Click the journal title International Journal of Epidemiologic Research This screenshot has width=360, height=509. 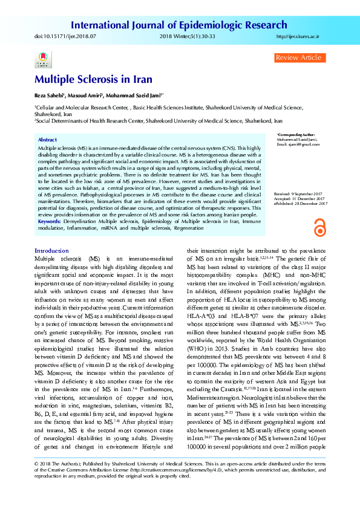(x=179, y=25)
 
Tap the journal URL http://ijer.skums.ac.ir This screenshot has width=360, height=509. (x=297, y=37)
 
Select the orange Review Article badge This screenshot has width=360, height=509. (x=298, y=57)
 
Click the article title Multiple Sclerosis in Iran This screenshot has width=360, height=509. (x=93, y=79)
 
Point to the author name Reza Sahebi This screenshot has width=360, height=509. (x=50, y=96)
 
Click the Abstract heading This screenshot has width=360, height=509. (x=47, y=139)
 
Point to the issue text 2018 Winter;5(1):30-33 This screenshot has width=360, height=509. (x=181, y=37)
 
